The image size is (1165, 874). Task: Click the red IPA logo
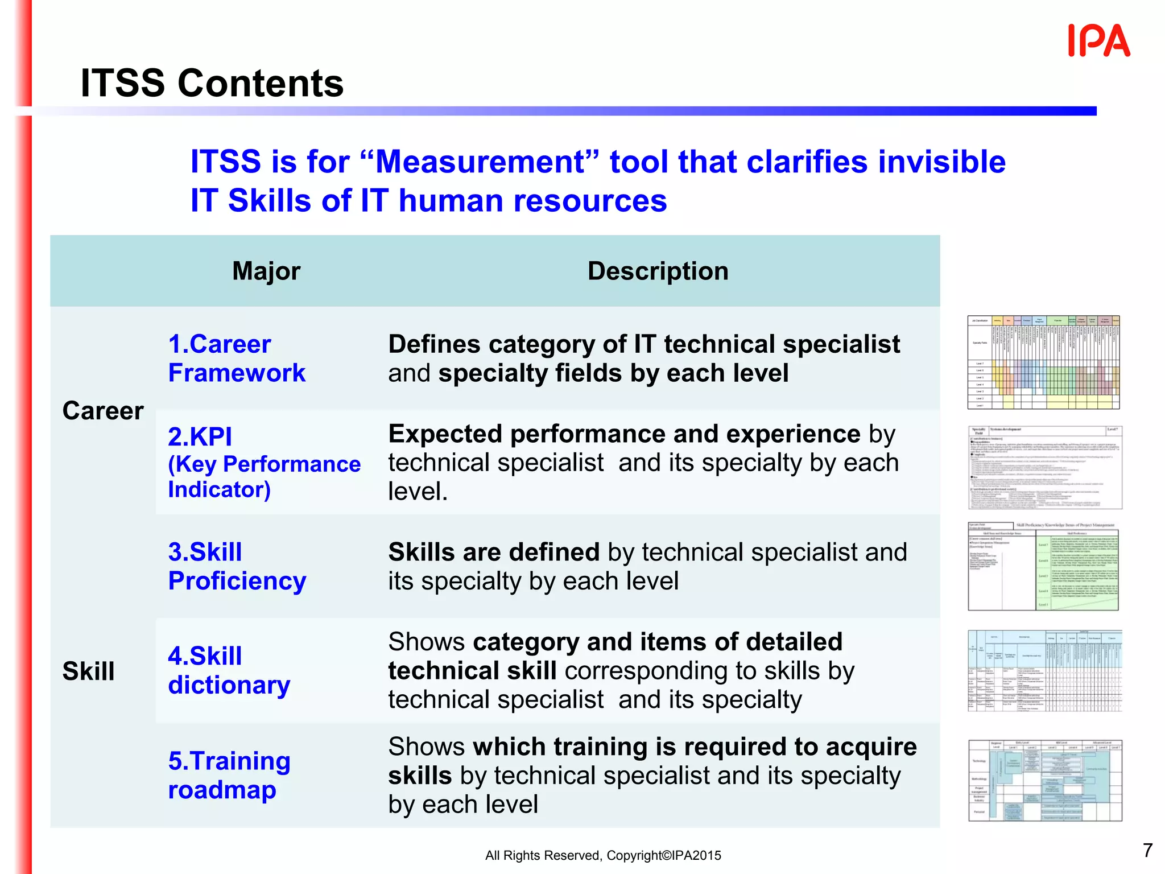[1098, 41]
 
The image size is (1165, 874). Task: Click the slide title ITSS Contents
[212, 83]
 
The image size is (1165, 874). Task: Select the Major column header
[266, 271]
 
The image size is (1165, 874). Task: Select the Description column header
[658, 271]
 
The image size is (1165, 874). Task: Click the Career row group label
[103, 411]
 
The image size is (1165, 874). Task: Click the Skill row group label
[89, 671]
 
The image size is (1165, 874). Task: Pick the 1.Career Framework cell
[237, 358]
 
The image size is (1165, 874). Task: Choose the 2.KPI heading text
[200, 437]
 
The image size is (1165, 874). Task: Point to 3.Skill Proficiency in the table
[237, 566]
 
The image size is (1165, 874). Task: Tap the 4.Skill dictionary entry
[229, 670]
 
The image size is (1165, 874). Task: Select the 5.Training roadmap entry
[229, 775]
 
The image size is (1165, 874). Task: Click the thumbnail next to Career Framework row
[1043, 362]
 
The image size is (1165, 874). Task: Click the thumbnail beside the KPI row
[1045, 467]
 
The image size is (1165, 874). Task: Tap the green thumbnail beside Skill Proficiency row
[1043, 567]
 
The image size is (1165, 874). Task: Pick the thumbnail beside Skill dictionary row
[1045, 670]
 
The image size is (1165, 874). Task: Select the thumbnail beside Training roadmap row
[1045, 780]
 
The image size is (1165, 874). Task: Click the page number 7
[1147, 850]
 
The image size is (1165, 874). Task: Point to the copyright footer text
[603, 855]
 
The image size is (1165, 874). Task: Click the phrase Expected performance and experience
[624, 434]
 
